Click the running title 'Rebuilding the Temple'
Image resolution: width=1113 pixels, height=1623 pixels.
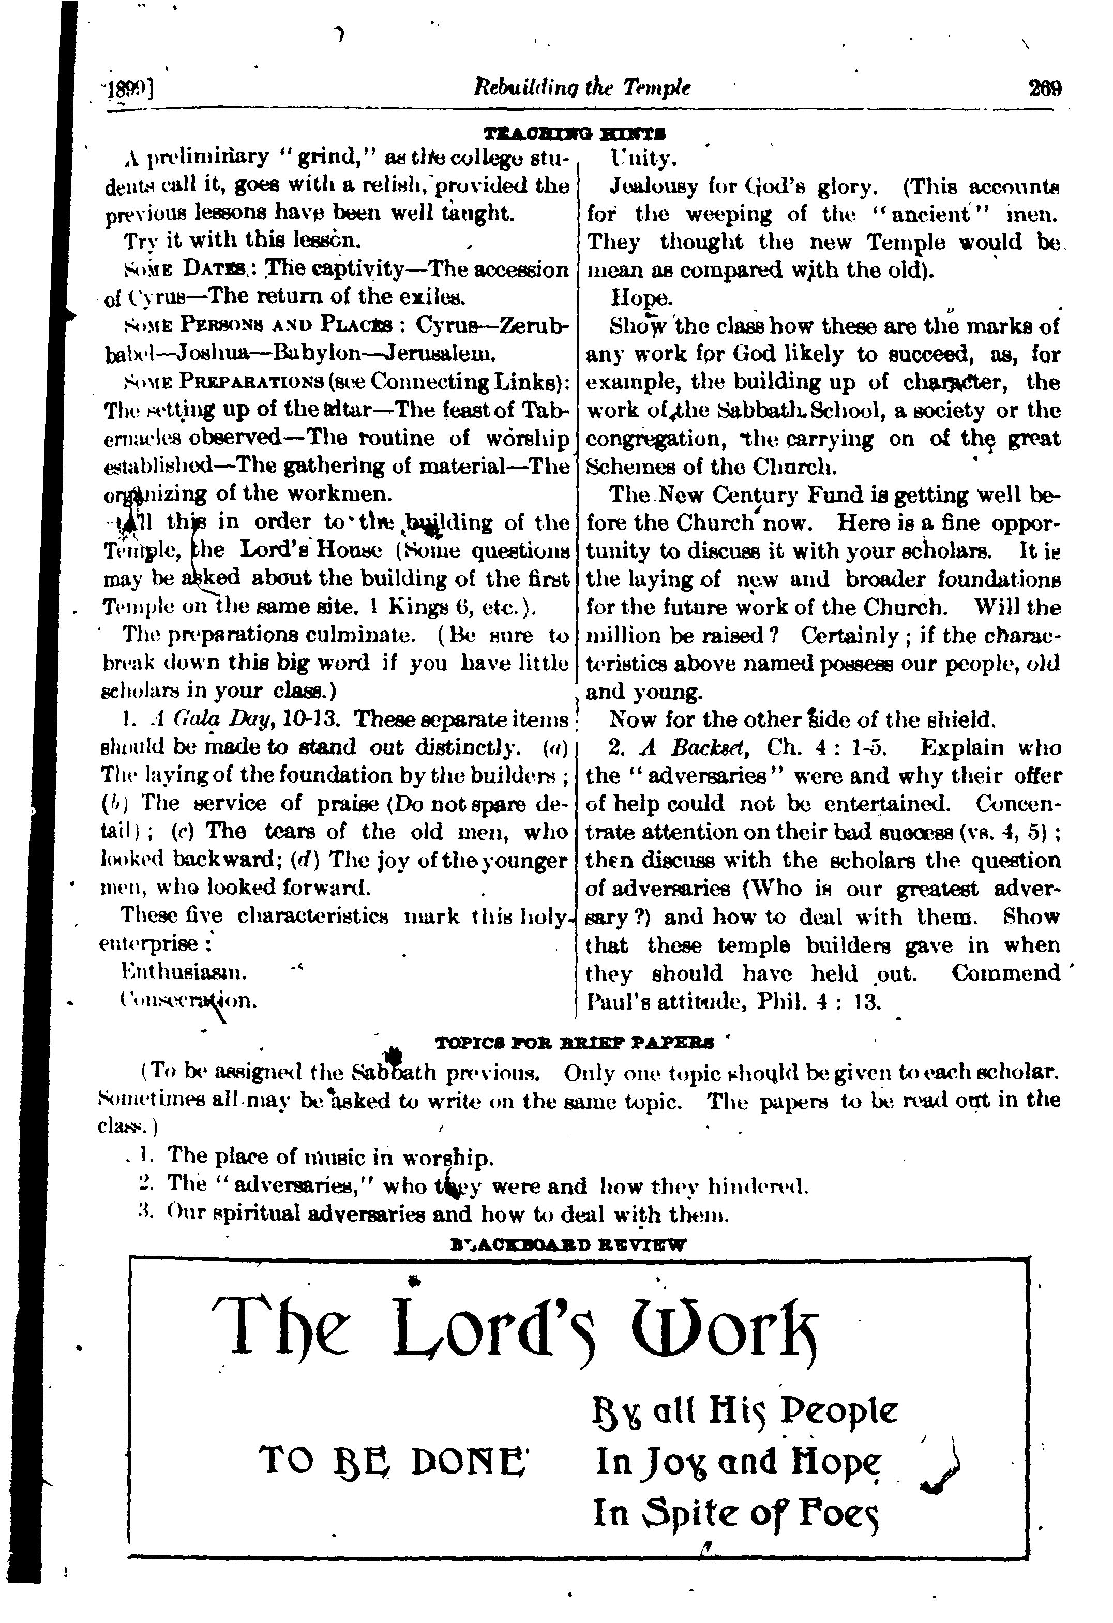coord(582,87)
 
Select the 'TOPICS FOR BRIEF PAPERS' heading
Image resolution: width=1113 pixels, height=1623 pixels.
coord(574,1043)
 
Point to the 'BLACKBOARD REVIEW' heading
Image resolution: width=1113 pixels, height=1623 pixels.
coord(569,1244)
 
